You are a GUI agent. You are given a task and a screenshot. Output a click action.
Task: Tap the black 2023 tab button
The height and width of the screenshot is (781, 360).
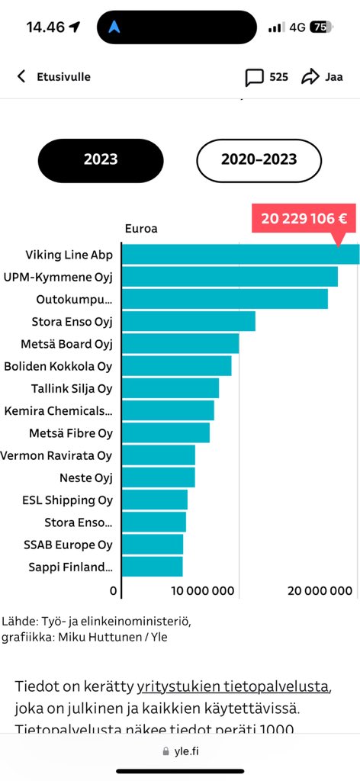(101, 159)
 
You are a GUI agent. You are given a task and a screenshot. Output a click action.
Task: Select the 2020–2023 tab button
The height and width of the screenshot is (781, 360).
(259, 159)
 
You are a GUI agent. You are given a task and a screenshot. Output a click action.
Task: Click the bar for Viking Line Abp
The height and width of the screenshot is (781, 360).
(240, 255)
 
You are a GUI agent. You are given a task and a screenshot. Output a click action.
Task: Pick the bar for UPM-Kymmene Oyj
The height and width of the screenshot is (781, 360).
(230, 277)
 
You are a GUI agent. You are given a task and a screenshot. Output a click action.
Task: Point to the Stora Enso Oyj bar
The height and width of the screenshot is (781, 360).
(188, 321)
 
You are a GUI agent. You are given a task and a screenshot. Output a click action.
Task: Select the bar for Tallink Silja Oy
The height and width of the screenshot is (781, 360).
(170, 388)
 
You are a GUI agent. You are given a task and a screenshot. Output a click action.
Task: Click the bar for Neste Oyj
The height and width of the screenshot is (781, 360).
(159, 477)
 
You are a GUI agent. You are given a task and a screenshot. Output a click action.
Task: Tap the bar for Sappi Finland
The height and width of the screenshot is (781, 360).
(153, 567)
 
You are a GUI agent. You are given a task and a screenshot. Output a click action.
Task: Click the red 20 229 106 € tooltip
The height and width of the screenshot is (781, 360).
(304, 218)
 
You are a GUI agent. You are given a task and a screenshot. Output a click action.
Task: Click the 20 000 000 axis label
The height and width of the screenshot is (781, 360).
(320, 590)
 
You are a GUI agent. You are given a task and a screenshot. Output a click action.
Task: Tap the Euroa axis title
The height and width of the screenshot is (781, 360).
(141, 228)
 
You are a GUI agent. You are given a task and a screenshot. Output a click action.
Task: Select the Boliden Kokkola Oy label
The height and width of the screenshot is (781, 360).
(58, 366)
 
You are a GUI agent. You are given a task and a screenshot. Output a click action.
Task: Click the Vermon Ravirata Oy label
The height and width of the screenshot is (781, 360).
(56, 455)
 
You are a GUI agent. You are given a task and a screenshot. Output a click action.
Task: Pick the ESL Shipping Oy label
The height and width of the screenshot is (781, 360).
(67, 500)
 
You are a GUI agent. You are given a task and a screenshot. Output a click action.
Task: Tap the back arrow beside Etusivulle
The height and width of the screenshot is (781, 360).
(21, 76)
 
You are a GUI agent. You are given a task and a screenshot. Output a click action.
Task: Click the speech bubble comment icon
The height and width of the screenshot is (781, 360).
(254, 77)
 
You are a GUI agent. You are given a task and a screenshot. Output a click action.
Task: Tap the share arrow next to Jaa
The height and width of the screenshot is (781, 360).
(310, 77)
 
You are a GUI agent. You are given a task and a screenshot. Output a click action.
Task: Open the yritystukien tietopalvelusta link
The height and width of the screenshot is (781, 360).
(233, 686)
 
